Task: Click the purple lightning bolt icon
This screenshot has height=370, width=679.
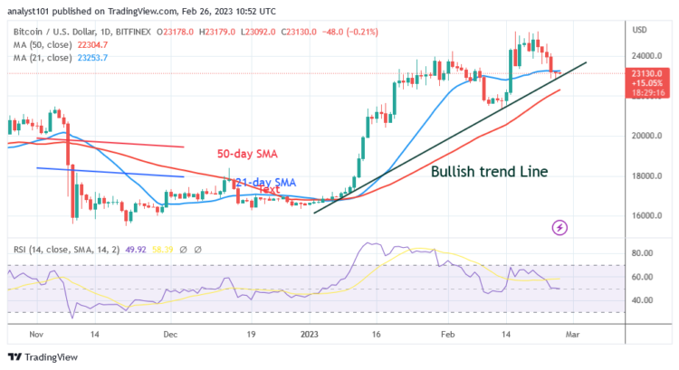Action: [x=559, y=226]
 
